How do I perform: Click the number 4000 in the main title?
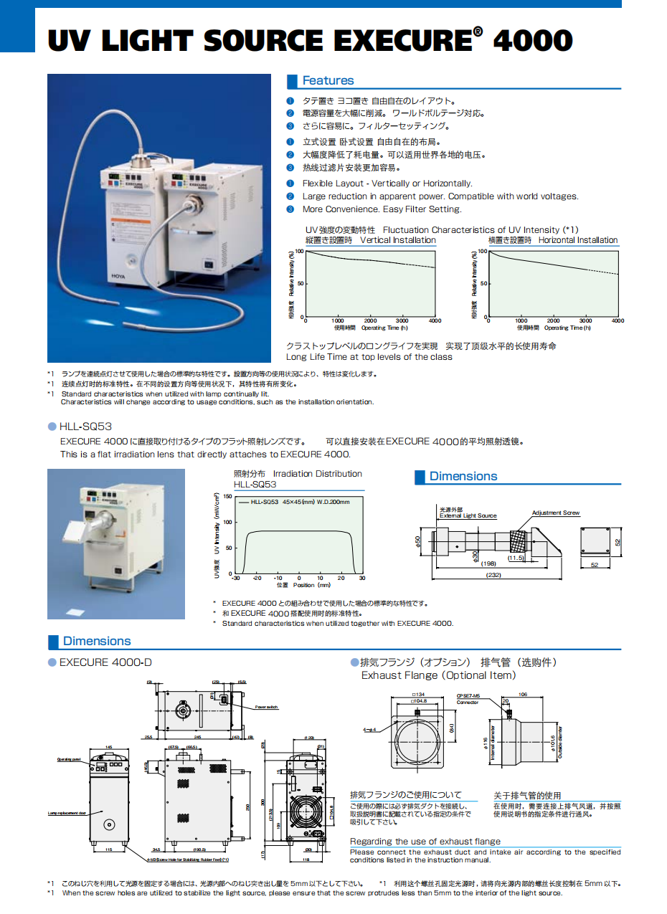click(533, 40)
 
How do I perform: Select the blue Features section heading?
click(328, 81)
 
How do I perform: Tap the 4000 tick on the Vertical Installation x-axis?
click(435, 321)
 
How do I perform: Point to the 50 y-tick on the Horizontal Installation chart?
click(483, 284)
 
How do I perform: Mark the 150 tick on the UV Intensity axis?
click(227, 496)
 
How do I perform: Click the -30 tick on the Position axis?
click(236, 578)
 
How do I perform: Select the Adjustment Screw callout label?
click(556, 513)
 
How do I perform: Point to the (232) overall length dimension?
click(493, 575)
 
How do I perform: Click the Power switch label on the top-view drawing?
click(266, 707)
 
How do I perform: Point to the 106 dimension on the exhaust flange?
click(542, 694)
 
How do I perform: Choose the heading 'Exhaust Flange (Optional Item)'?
click(438, 675)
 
